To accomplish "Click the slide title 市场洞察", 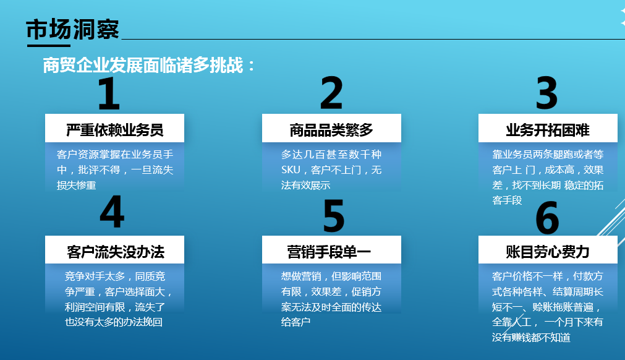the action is [x=72, y=30].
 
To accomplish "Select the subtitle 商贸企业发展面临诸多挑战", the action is [x=143, y=66].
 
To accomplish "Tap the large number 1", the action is [x=109, y=93].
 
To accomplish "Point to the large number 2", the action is [x=331, y=93].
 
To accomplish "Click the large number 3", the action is [x=546, y=93].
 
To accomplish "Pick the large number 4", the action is [x=112, y=212].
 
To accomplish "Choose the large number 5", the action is [x=334, y=216].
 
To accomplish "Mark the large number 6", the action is [x=547, y=218].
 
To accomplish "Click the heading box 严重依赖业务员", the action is [x=114, y=128].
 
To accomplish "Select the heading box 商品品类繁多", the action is [x=331, y=128].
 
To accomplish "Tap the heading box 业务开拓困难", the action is [x=548, y=128].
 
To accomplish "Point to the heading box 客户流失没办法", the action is [x=114, y=249].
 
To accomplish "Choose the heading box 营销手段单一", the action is [x=331, y=249].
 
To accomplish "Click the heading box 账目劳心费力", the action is [x=548, y=249].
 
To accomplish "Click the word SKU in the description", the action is [x=291, y=170].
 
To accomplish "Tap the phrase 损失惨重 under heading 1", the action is [x=77, y=186].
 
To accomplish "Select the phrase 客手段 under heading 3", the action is [x=507, y=200].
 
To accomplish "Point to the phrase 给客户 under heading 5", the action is [x=295, y=322].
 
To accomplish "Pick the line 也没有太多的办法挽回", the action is [x=114, y=322].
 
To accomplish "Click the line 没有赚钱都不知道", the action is [x=531, y=337].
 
